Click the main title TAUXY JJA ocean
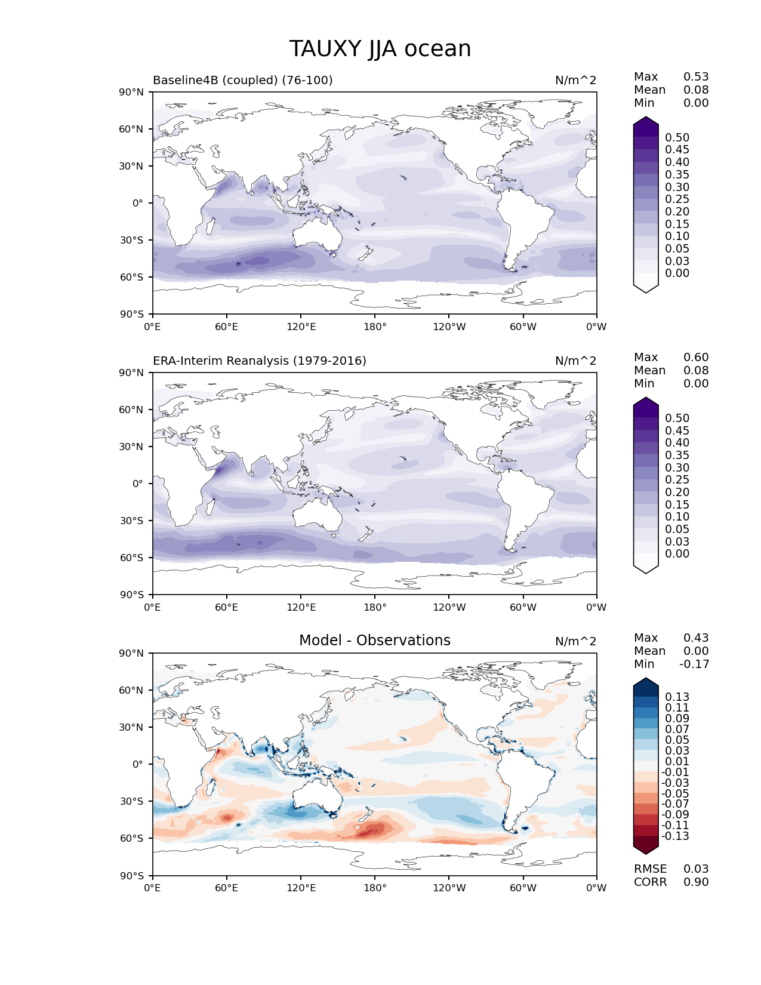380,49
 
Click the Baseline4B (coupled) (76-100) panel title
242,81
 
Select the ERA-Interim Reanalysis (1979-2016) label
260,361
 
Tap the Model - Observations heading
374,641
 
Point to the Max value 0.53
696,77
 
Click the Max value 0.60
696,358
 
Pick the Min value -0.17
694,664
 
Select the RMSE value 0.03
696,869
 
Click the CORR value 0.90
696,882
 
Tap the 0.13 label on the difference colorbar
677,697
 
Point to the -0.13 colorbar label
675,836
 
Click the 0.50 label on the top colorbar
677,138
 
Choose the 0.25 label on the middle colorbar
677,480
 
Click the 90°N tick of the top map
131,93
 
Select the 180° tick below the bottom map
375,888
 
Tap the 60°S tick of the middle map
131,558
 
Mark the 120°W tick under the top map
449,327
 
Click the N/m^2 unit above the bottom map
575,642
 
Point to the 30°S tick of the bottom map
131,802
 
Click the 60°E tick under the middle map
227,608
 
